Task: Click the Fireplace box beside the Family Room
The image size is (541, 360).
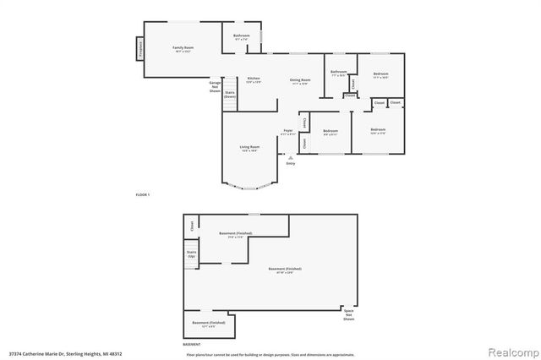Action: point(139,49)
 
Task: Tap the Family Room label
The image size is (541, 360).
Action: point(184,48)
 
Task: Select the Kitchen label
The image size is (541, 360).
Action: point(254,79)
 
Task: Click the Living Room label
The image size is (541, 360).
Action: point(249,148)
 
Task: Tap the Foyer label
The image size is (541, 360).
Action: point(288,132)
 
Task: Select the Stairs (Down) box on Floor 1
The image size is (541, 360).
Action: point(230,95)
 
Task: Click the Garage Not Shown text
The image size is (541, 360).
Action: point(215,85)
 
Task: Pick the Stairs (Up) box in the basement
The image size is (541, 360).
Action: point(191,254)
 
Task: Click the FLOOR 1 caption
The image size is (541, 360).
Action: point(143,195)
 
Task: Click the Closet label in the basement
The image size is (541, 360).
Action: point(191,226)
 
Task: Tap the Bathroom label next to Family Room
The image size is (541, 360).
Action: point(241,36)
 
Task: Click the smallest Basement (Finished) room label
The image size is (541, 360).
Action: point(208,325)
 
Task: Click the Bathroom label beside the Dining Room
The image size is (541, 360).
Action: point(339,73)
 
